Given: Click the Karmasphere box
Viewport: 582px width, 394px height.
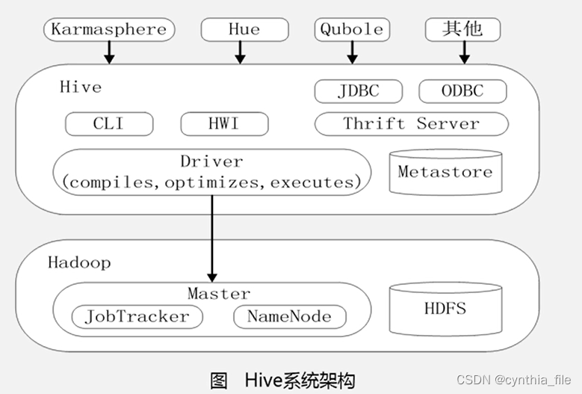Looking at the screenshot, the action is (109, 29).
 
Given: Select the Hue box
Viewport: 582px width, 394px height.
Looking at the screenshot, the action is (244, 29).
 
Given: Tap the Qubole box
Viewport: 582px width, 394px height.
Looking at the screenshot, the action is (352, 29).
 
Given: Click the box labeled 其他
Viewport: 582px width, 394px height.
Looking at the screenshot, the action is (463, 29).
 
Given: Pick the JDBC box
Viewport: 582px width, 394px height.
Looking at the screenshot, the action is (358, 91).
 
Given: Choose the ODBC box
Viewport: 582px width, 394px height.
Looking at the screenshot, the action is (463, 91).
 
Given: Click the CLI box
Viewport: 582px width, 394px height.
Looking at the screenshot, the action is (109, 123).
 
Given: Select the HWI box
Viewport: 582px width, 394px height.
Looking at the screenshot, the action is (224, 123).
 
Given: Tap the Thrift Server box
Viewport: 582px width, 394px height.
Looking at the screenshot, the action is (411, 123).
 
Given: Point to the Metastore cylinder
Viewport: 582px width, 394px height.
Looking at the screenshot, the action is (445, 172).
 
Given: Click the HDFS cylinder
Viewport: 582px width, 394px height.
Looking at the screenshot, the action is (445, 309).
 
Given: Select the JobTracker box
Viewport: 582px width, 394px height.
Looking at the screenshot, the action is (137, 317).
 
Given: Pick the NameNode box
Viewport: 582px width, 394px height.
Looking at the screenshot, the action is (290, 317).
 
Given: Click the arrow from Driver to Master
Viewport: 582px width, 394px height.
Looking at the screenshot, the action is (212, 238).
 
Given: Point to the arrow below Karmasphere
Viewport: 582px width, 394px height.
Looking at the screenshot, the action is (109, 53).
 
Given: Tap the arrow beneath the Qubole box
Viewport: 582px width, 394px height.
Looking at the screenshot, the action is (352, 53).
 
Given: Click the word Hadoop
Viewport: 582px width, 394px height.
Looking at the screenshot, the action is (79, 263).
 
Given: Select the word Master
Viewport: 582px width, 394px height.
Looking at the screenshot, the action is (219, 294).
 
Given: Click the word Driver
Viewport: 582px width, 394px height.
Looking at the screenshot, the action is (211, 161).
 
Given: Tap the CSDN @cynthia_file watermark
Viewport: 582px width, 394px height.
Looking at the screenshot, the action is (514, 380).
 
